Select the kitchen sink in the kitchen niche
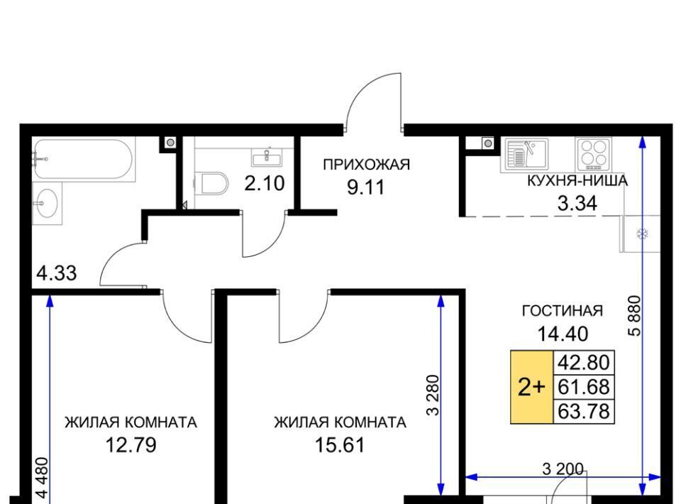[526, 154]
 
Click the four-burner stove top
[594, 154]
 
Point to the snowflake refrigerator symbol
[642, 234]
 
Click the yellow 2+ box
[531, 386]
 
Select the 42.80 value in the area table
[584, 362]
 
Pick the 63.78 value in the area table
[584, 411]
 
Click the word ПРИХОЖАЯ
[366, 165]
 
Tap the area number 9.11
[366, 187]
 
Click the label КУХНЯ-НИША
[577, 180]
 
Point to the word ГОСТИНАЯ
[563, 311]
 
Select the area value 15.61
[340, 445]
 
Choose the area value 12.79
[131, 445]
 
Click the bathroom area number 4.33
[57, 273]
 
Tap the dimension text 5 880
[634, 315]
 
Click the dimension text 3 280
[433, 395]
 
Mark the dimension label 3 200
[563, 469]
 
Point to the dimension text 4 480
[42, 478]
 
